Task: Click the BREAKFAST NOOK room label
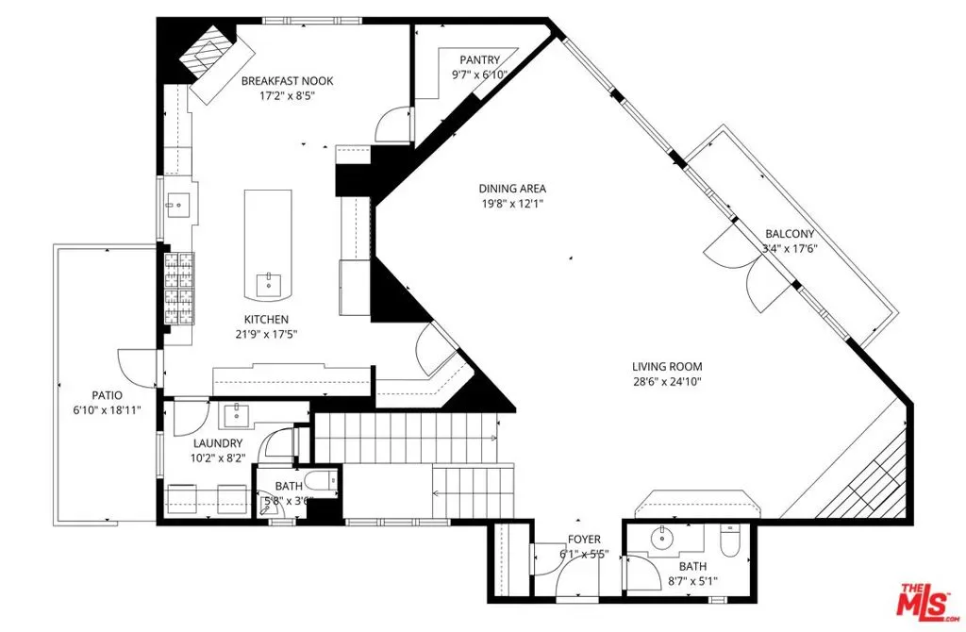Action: click(x=287, y=81)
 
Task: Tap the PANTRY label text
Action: click(x=480, y=59)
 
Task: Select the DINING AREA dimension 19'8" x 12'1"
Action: click(x=512, y=203)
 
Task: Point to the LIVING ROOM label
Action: click(x=667, y=367)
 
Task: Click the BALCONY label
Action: click(x=790, y=234)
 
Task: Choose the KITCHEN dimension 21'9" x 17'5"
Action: click(x=266, y=335)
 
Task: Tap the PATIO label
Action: click(x=108, y=395)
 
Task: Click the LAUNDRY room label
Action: click(x=218, y=443)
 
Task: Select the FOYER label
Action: click(x=584, y=540)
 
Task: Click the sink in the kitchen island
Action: click(x=269, y=284)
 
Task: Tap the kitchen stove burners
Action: click(x=178, y=289)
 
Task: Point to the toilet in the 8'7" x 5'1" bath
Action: click(x=730, y=541)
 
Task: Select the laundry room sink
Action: click(x=235, y=415)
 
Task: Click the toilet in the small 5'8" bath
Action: click(x=322, y=480)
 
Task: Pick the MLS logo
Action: click(x=927, y=601)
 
